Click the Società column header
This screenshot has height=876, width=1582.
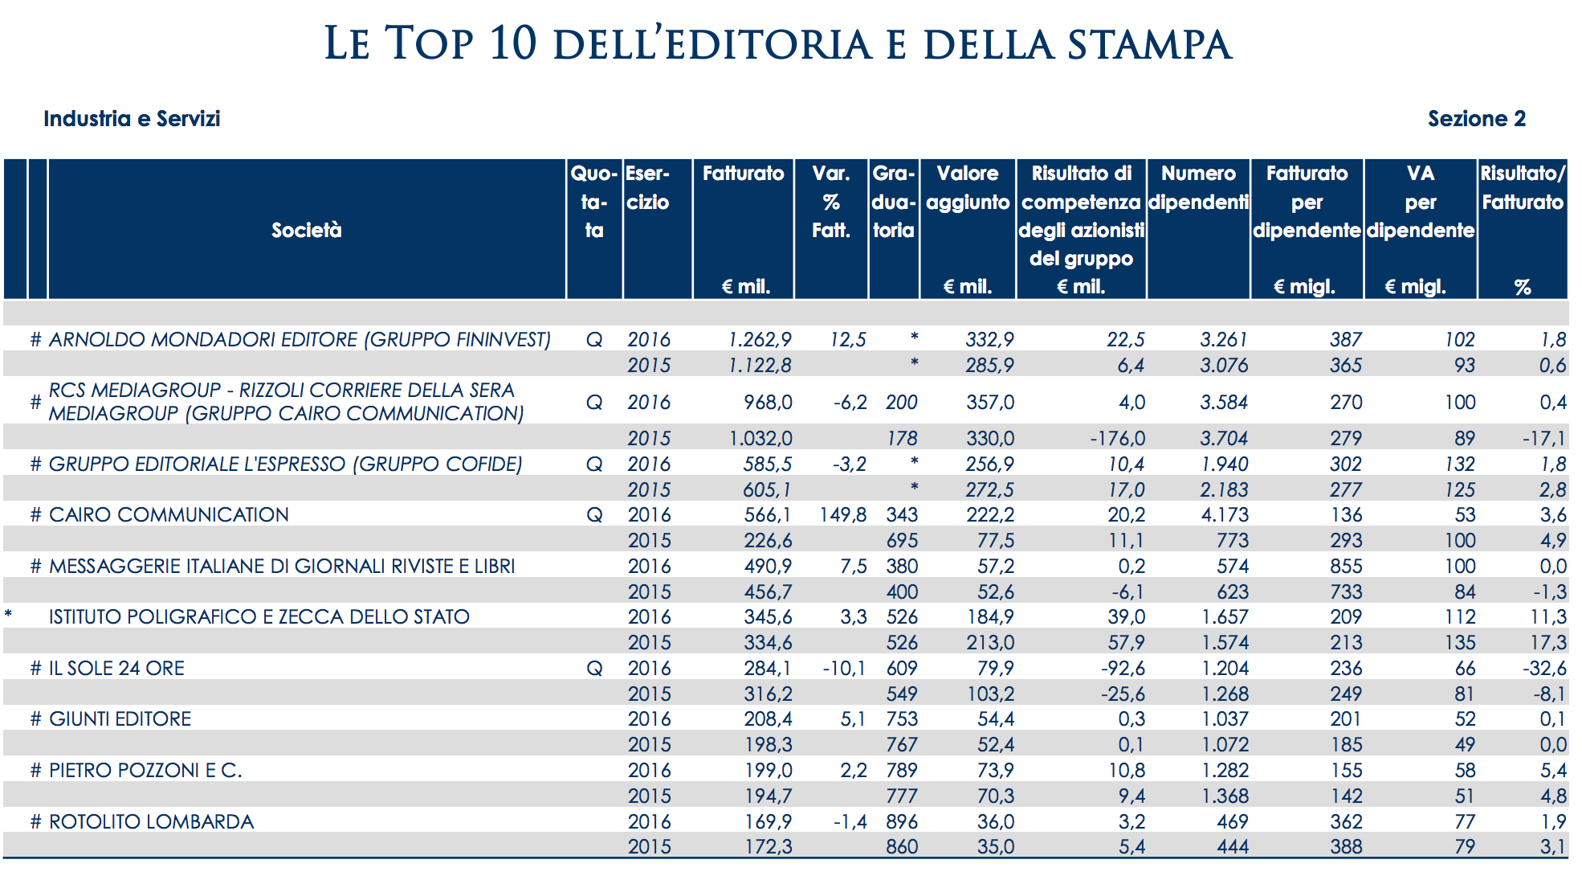[306, 231]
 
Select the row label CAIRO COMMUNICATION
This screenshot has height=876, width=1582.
[169, 515]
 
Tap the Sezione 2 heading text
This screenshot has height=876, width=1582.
[1476, 119]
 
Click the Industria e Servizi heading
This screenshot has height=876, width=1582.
[132, 119]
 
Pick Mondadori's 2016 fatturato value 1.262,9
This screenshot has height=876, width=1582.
[760, 340]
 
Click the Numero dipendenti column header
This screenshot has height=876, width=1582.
[1198, 187]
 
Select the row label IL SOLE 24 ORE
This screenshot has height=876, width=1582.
[116, 669]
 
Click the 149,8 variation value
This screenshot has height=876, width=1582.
[842, 515]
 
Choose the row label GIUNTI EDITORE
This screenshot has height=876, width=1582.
[120, 719]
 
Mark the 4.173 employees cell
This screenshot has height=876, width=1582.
[1225, 515]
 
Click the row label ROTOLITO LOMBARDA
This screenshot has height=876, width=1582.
[151, 822]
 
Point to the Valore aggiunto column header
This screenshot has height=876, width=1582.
[968, 187]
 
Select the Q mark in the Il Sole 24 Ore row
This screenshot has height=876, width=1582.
[594, 669]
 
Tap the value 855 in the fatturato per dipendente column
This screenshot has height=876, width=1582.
[1346, 567]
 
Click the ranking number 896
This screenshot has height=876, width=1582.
[902, 822]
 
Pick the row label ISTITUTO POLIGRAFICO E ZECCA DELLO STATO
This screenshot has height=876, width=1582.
[259, 617]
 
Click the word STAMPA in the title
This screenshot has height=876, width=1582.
[1149, 44]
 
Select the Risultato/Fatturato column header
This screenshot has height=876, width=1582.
[1523, 187]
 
